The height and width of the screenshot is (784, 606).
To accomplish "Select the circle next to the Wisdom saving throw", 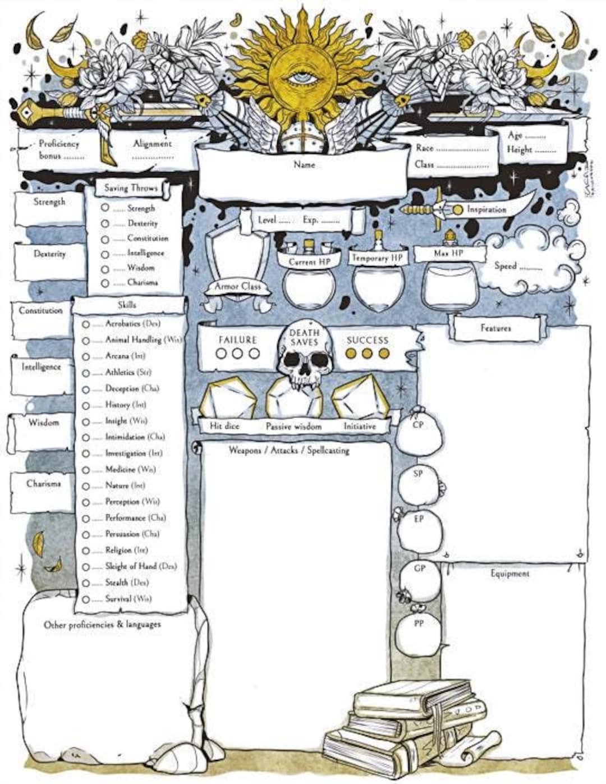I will point(105,269).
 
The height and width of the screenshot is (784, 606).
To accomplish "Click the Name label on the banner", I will point(304,165).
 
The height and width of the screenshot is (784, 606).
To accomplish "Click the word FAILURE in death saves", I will point(237,340).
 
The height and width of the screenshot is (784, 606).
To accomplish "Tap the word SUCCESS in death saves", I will point(367,340).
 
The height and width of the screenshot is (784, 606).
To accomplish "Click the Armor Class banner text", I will point(238,286).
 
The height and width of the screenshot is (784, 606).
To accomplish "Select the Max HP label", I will point(448,254).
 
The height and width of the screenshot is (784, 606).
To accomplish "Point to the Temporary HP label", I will point(377,258).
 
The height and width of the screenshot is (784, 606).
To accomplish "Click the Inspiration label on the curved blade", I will point(486,209).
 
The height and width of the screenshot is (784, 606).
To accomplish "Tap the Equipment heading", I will point(509,574).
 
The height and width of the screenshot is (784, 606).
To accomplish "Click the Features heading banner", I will point(495,328).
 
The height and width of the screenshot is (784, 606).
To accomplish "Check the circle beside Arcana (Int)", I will point(86,357).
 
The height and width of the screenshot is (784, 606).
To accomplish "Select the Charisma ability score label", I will point(43,483).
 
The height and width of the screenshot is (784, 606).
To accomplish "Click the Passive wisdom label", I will point(293,427).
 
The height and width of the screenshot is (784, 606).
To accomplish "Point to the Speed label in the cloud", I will point(506,266).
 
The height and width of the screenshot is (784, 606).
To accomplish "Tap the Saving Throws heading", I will point(131,188).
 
